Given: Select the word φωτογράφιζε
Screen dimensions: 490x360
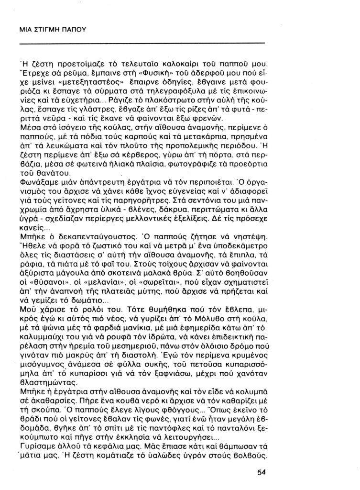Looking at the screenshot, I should tap(193, 167).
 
